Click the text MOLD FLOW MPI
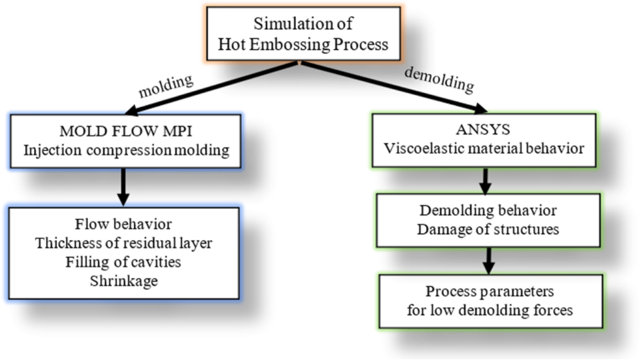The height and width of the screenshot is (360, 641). pos(125,133)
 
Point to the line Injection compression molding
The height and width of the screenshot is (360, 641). pos(125,151)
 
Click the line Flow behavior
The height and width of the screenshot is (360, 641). pos(123,224)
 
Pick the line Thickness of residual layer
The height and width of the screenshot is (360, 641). pos(123,243)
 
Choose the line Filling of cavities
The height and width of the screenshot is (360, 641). pos(123,262)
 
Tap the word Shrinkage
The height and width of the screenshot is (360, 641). pos(123,281)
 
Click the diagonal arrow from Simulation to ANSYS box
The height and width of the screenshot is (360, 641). pos(390,87)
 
